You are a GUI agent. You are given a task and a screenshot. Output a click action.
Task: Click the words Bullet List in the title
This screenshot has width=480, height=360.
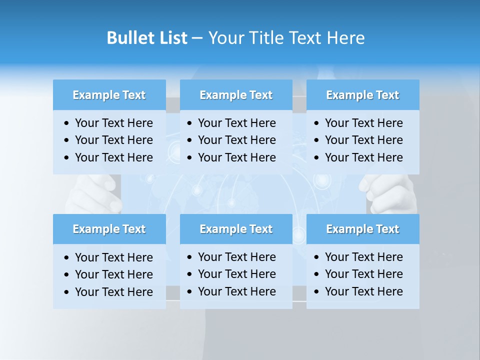[x=146, y=38]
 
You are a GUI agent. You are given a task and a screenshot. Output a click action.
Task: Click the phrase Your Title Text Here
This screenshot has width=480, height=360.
[x=286, y=38]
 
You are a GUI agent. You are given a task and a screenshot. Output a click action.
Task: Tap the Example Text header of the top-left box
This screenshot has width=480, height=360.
[x=109, y=95]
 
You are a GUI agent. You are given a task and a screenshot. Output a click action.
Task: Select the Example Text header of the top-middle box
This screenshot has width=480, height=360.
[x=236, y=95]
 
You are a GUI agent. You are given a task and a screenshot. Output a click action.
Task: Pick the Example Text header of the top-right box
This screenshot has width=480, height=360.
[x=362, y=95]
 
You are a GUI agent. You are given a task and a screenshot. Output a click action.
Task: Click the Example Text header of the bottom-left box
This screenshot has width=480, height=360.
[x=109, y=229]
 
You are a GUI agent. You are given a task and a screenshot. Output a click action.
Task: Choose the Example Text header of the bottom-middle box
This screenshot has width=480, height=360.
[x=236, y=229]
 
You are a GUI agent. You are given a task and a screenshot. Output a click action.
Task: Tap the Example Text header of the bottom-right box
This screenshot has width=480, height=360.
[x=362, y=229]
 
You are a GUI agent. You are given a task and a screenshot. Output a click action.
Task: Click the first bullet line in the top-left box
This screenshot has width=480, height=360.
[x=113, y=123]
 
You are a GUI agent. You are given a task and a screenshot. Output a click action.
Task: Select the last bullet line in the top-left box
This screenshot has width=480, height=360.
[x=113, y=157]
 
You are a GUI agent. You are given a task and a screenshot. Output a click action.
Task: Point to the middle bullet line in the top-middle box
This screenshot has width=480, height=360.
[x=236, y=140]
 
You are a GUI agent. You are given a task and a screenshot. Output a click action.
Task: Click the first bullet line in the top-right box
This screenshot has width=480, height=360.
[x=363, y=123]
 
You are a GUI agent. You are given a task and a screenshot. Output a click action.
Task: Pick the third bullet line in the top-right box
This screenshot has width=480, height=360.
[x=363, y=157]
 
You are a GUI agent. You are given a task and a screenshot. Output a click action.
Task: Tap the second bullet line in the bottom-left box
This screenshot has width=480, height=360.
[x=113, y=274]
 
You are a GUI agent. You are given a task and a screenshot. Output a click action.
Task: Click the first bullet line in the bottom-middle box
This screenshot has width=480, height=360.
[x=236, y=257]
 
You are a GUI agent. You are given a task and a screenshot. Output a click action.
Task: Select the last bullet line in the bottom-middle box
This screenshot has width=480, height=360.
[x=236, y=291]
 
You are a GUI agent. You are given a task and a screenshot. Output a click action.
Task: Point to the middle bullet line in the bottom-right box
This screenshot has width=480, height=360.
[x=363, y=274]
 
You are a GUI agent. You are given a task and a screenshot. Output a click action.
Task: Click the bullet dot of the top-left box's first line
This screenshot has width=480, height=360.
[x=67, y=123]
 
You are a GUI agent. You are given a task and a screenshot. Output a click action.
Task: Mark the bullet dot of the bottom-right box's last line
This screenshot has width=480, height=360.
[x=317, y=292]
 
